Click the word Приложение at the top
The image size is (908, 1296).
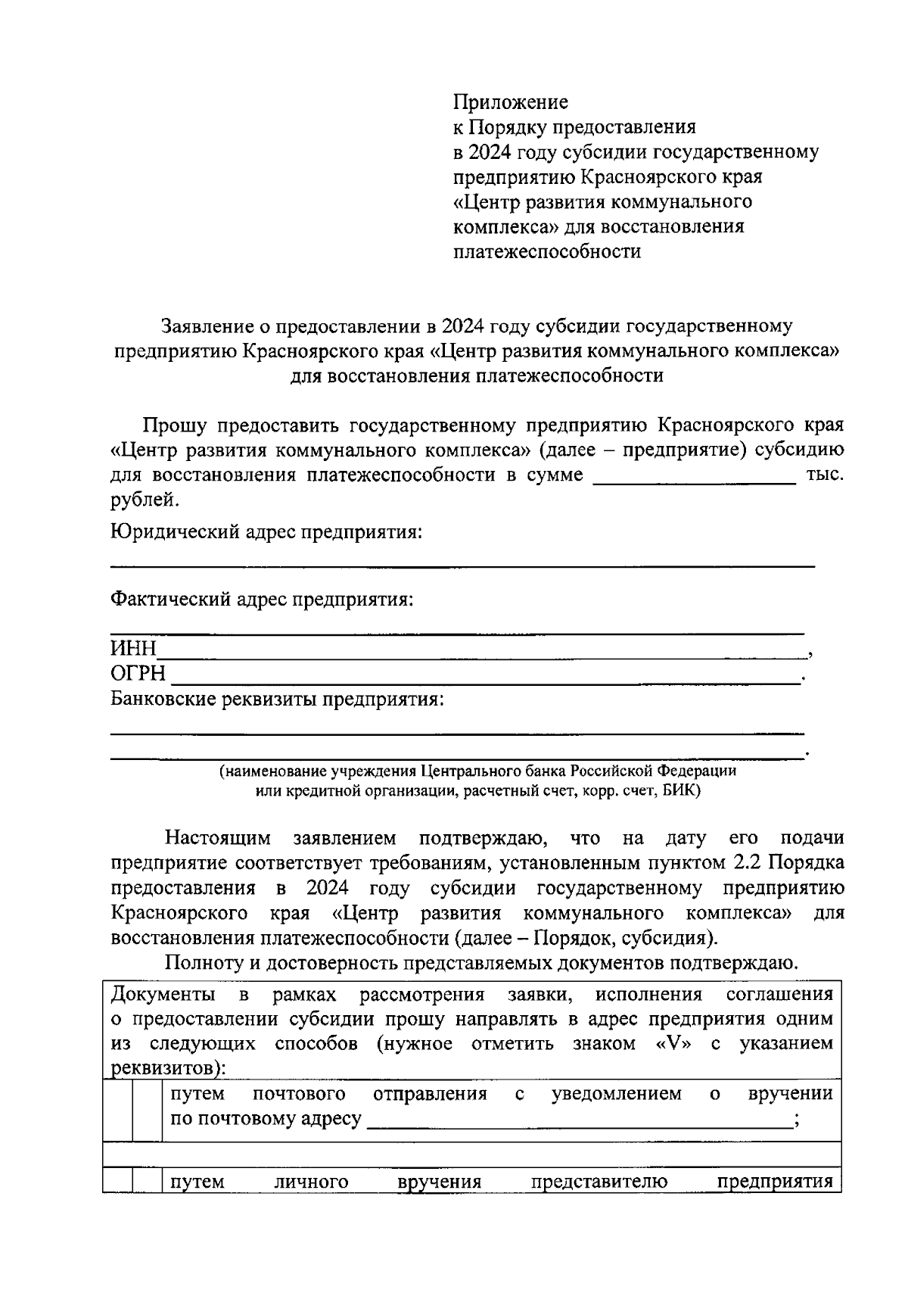click(x=510, y=101)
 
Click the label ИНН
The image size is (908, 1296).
click(x=133, y=649)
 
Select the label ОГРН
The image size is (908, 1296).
click(x=138, y=674)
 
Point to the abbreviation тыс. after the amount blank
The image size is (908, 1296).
click(x=826, y=475)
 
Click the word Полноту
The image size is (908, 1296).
click(x=201, y=963)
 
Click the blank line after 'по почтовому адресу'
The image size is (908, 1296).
click(x=580, y=1121)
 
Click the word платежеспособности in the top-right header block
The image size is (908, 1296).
click(x=546, y=251)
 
